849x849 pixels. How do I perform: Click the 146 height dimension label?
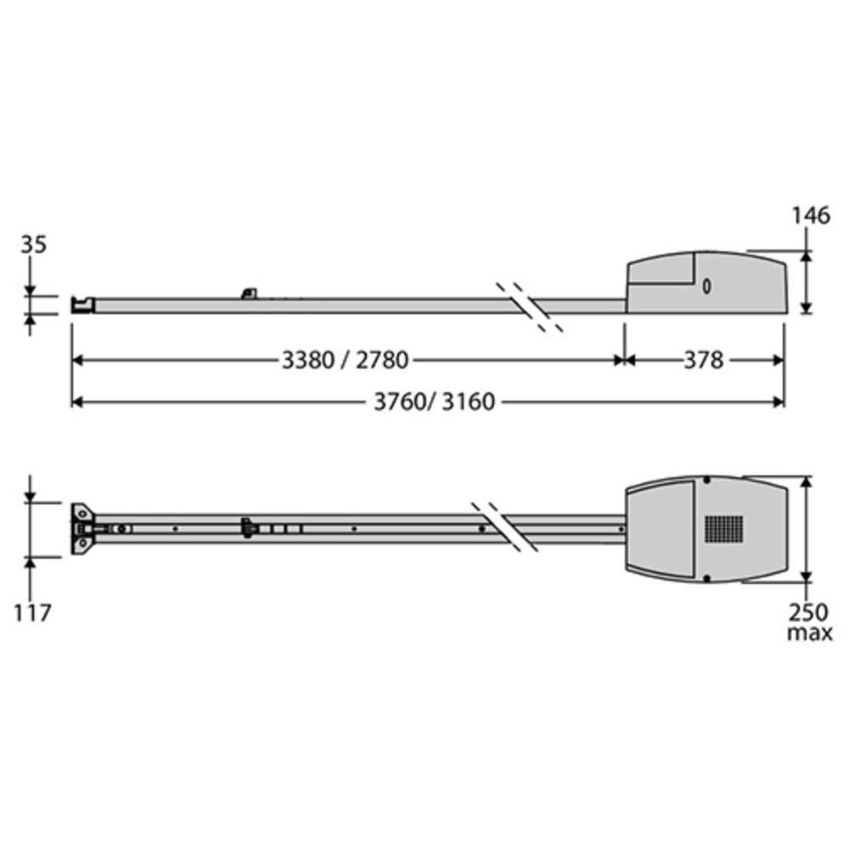tap(811, 216)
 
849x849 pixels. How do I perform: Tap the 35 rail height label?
tap(34, 245)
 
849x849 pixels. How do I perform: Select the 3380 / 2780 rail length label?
tap(345, 360)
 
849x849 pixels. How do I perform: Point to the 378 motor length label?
tap(703, 360)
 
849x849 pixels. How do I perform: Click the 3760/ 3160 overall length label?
tap(434, 402)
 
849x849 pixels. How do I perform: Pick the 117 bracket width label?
tap(32, 613)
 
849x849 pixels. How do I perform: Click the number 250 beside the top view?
tap(808, 612)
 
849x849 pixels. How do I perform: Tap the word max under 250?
tap(809, 633)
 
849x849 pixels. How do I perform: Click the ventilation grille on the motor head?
tap(724, 529)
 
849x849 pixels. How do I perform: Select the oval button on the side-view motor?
tap(706, 286)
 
